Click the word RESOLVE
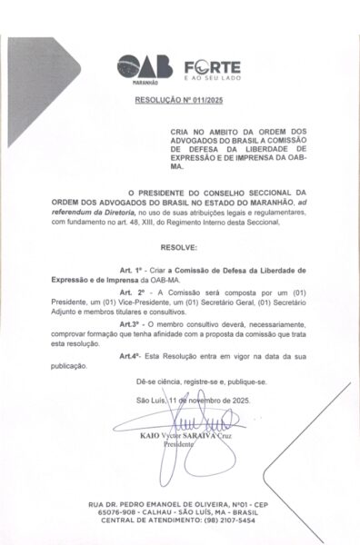[x=178, y=247]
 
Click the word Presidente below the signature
[x=179, y=446]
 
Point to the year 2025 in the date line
[x=235, y=400]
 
